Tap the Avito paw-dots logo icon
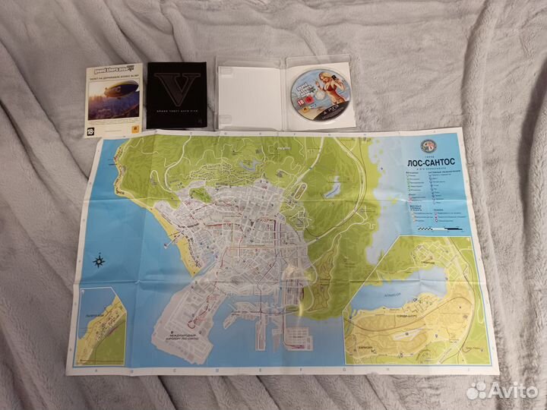click(477, 390)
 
